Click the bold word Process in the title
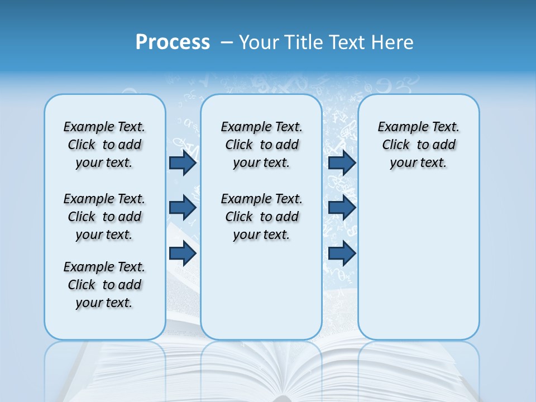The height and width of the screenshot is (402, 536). tap(173, 42)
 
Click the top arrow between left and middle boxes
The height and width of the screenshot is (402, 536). tap(183, 162)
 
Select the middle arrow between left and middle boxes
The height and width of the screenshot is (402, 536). tap(183, 208)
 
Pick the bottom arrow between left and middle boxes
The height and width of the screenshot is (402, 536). tap(183, 253)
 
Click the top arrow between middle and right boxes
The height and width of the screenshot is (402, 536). tap(342, 162)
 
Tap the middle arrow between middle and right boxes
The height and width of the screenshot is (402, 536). tap(342, 208)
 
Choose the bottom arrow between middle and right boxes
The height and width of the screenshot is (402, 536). tap(342, 253)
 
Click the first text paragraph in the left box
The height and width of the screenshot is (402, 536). tap(104, 145)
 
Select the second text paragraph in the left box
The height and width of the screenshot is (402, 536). tap(104, 217)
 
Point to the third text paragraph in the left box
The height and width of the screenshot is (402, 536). tap(104, 285)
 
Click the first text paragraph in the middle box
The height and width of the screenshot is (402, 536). tap(261, 145)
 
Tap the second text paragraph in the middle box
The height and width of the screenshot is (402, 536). tap(261, 217)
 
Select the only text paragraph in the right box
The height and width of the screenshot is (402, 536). tap(418, 145)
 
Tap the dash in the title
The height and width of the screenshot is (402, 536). tap(227, 42)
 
